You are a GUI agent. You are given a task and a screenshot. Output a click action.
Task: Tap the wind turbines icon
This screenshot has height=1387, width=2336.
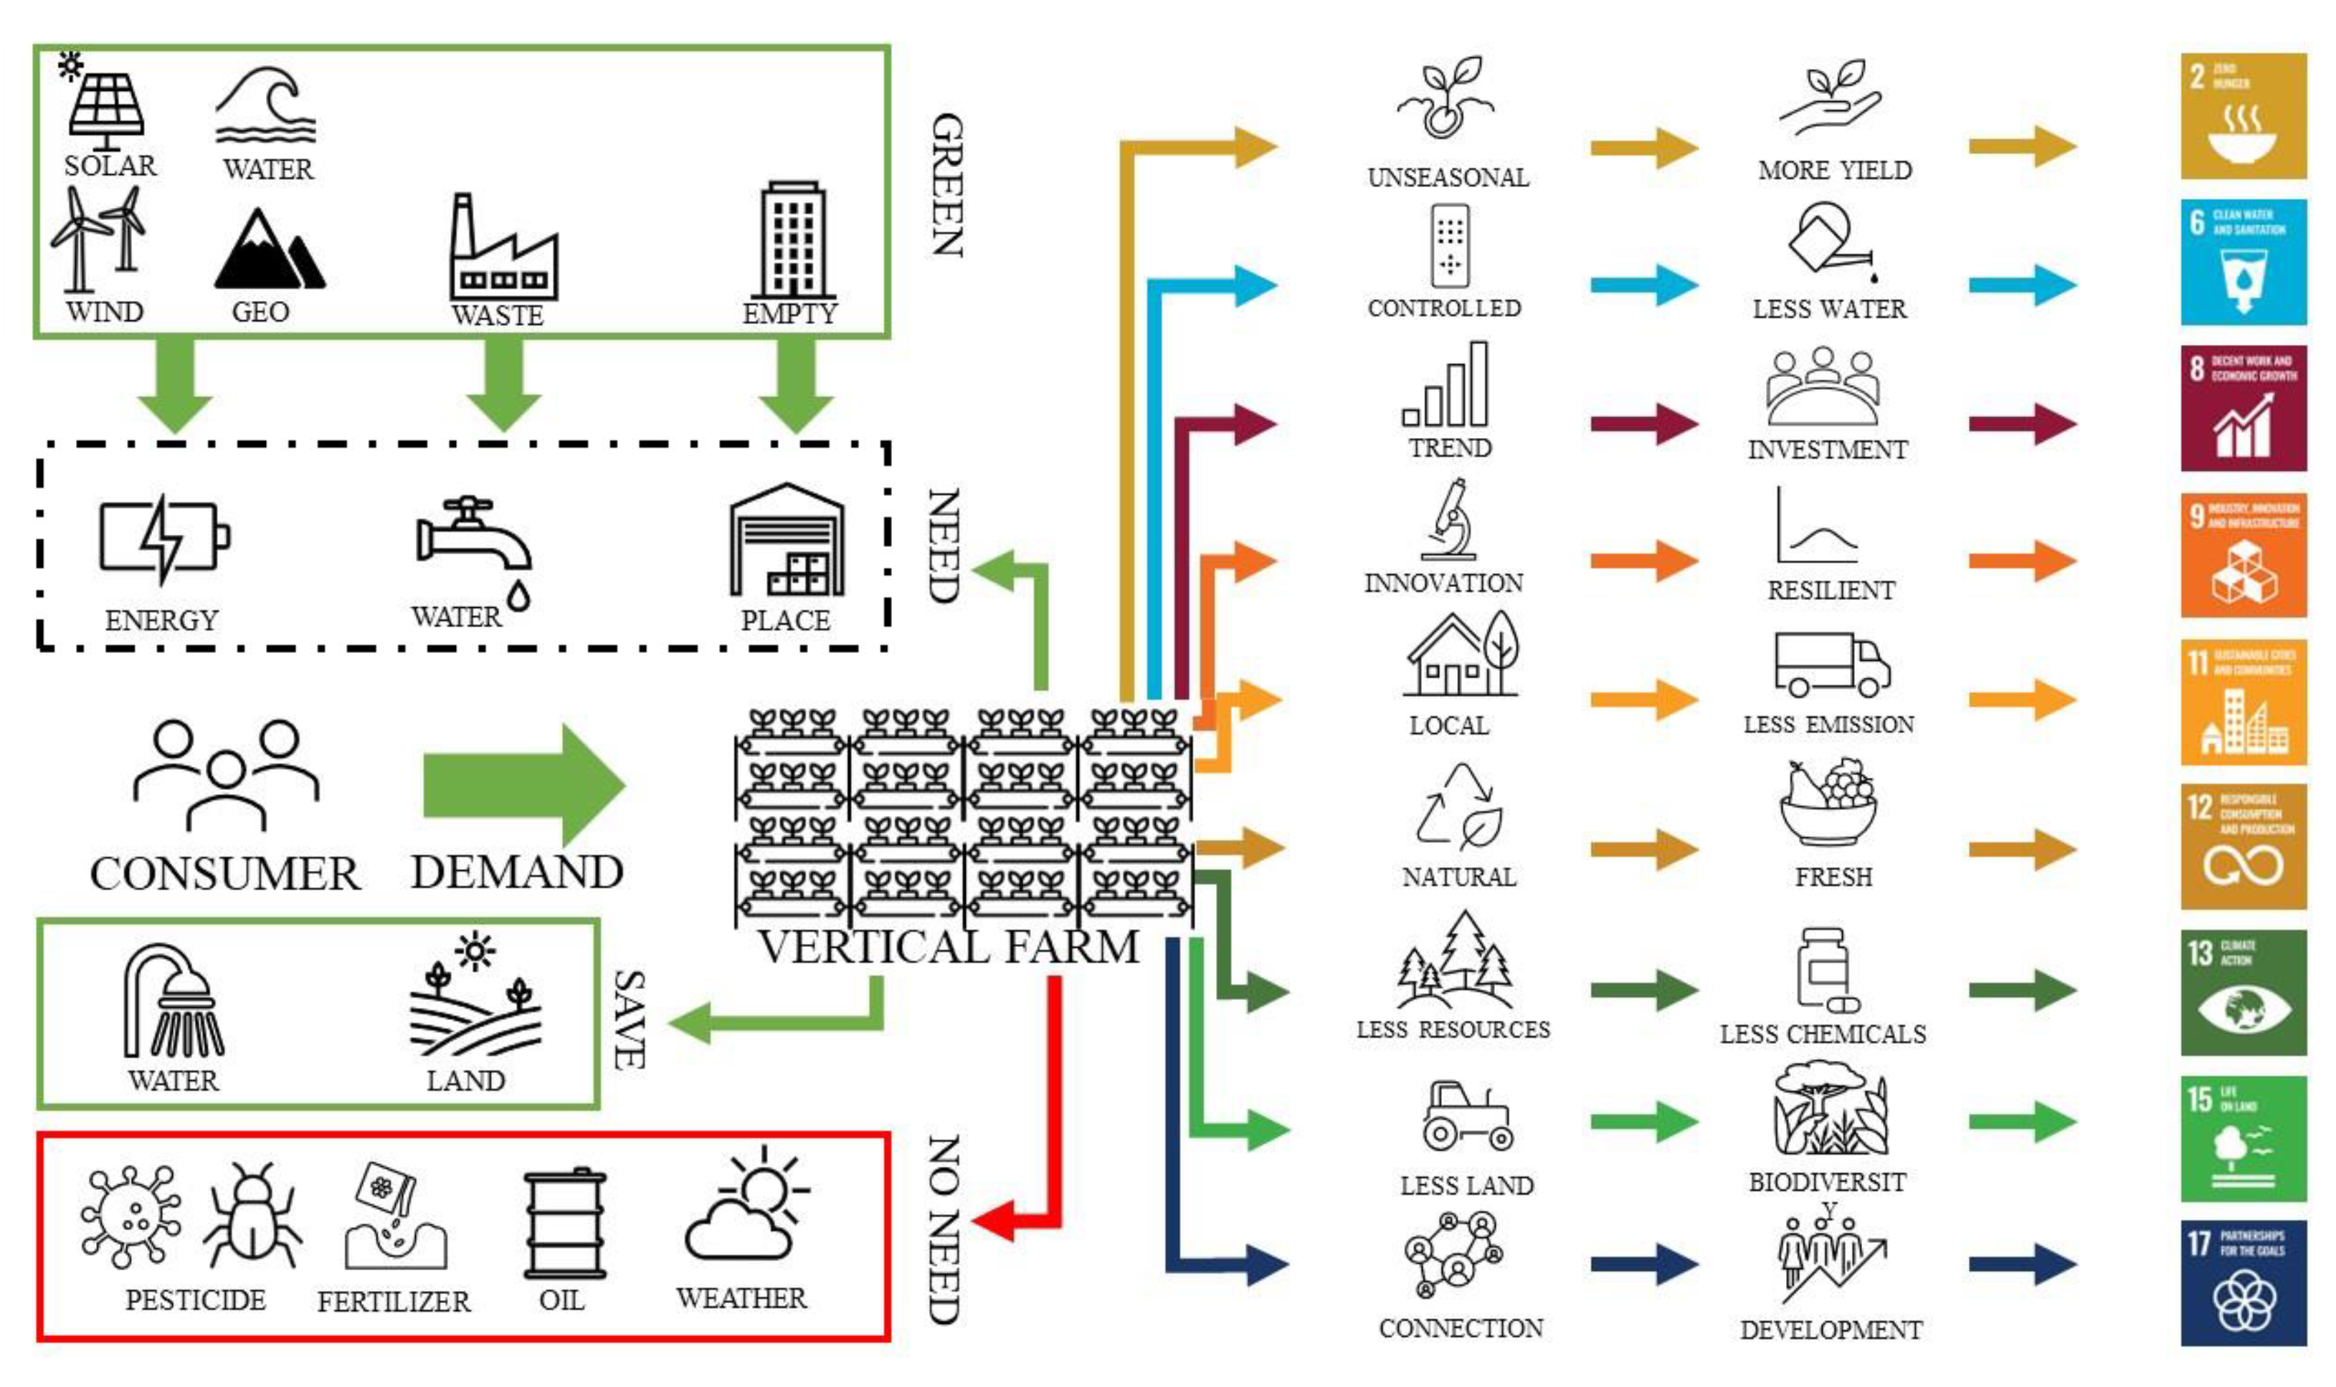(x=98, y=237)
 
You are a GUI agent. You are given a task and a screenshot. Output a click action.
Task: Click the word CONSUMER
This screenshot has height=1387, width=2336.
(x=224, y=874)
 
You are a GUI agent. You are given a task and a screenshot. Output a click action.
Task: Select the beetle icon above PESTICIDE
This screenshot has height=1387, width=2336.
(x=252, y=1214)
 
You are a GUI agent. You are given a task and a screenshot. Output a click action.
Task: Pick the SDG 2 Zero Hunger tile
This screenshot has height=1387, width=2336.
(x=2243, y=116)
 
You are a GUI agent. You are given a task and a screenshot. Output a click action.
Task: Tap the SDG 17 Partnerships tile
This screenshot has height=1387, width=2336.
(x=2243, y=1282)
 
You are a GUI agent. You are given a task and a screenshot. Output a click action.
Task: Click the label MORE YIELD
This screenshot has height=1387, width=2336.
(x=1834, y=170)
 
